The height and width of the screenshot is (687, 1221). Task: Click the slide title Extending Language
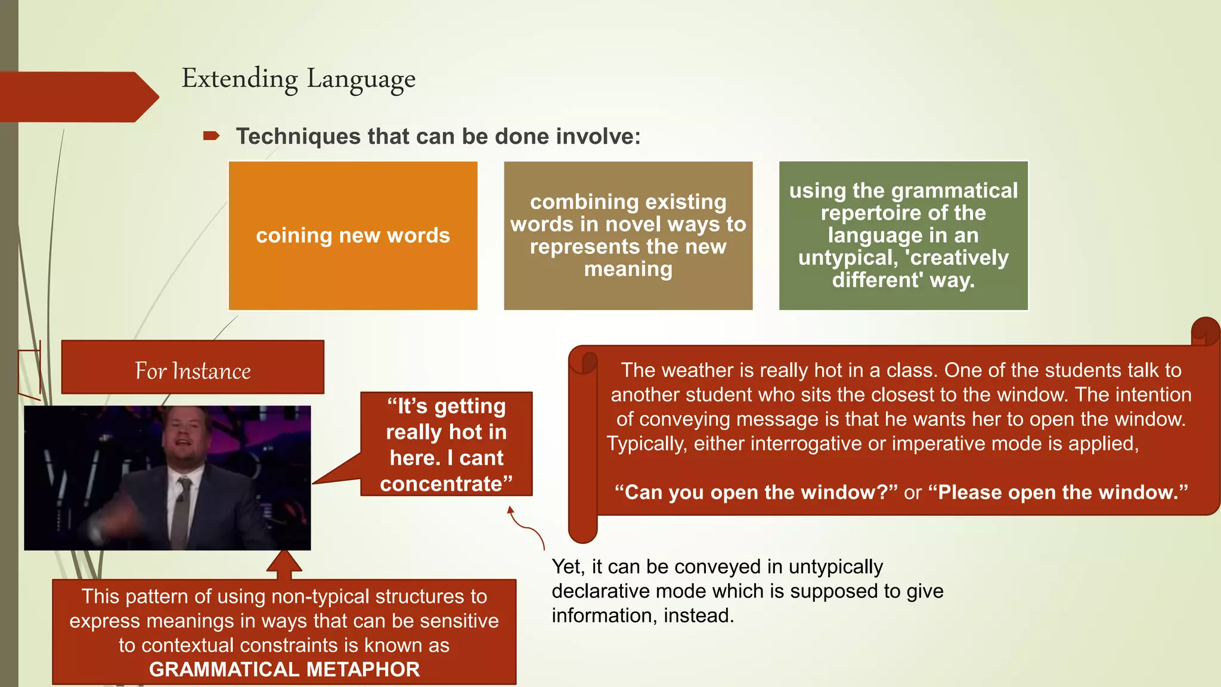click(x=298, y=79)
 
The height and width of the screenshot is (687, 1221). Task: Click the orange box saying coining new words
click(x=353, y=236)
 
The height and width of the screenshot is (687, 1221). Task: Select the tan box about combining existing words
click(x=628, y=236)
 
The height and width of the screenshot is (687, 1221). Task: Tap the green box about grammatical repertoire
click(x=903, y=236)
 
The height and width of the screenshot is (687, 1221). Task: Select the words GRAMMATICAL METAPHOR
click(x=284, y=670)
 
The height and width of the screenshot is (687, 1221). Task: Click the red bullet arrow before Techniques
click(x=211, y=137)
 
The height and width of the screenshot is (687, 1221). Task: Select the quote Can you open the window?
click(x=756, y=493)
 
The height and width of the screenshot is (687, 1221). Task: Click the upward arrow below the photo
click(x=284, y=564)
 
